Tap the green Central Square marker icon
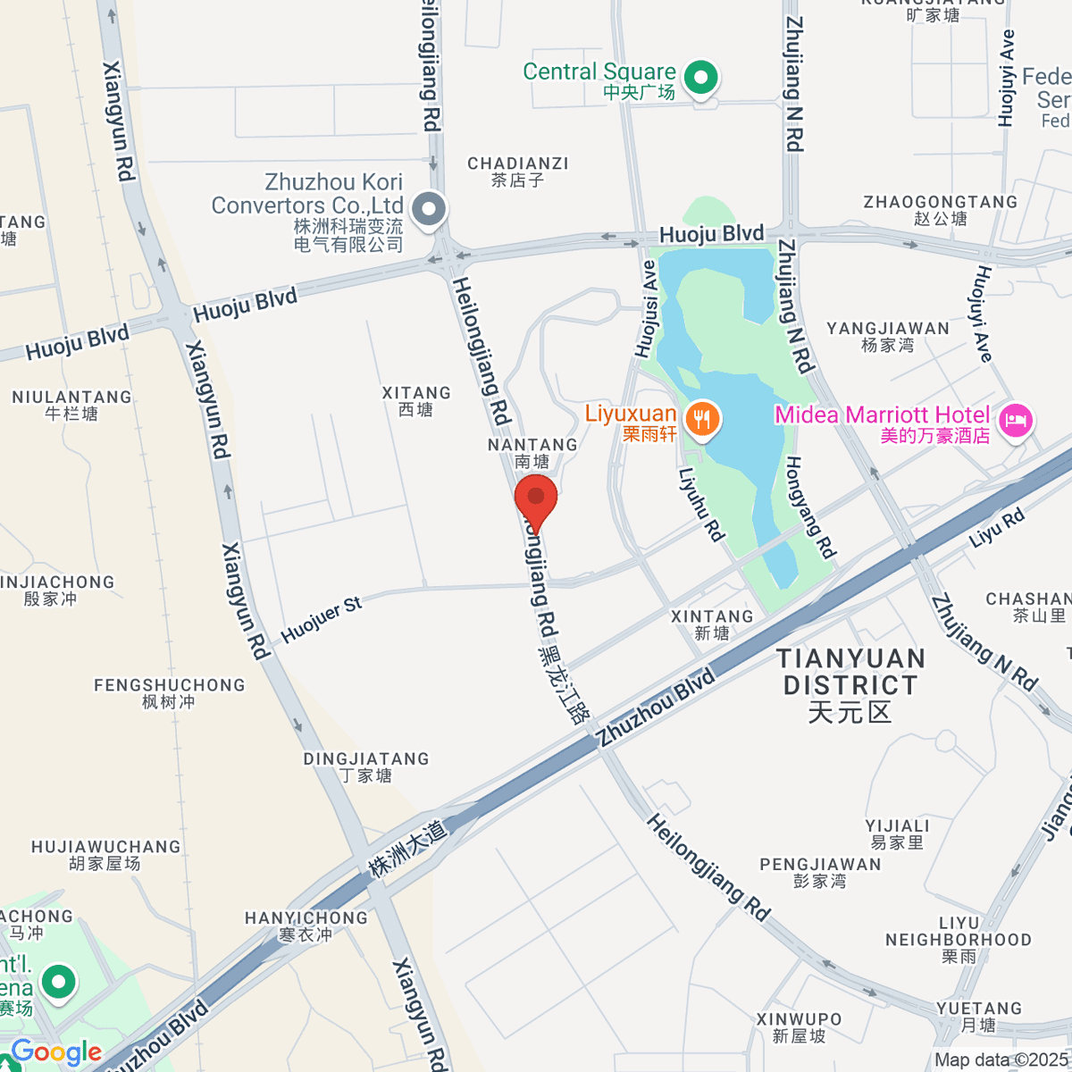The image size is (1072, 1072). click(x=701, y=78)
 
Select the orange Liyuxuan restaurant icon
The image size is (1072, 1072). click(x=703, y=418)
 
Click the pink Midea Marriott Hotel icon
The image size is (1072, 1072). click(x=1016, y=420)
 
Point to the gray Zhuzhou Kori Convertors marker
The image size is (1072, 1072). click(x=431, y=211)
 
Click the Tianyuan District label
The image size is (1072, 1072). click(x=850, y=685)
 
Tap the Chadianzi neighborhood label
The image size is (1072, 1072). click(x=518, y=172)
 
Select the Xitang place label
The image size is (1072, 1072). click(x=416, y=401)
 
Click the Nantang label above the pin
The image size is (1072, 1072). click(x=532, y=452)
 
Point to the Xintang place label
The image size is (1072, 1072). click(x=712, y=624)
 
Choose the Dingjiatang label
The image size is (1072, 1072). click(x=366, y=766)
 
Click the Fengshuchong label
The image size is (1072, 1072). click(x=170, y=693)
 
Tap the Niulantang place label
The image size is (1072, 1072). click(x=71, y=405)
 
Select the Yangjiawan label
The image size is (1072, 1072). click(x=888, y=336)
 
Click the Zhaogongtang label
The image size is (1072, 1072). click(x=940, y=210)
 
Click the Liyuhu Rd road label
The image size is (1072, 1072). click(x=701, y=505)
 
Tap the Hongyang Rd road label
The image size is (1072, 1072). click(x=810, y=507)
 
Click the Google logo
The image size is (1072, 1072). click(x=56, y=1052)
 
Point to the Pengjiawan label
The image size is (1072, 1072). click(x=820, y=873)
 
